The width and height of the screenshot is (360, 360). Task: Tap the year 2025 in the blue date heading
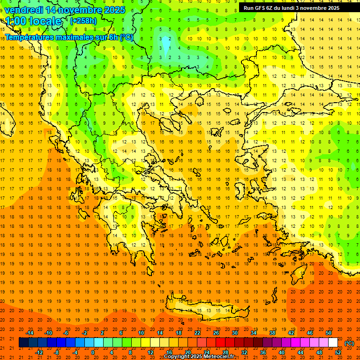click(x=113, y=9)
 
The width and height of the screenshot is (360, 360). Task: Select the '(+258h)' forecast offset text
click(x=83, y=21)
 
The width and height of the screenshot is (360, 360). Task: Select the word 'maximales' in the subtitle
click(x=75, y=37)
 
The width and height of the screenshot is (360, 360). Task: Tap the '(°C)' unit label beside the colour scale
click(x=349, y=343)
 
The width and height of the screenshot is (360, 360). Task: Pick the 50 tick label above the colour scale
click(x=329, y=333)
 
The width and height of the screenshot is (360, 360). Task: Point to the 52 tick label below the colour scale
click(x=338, y=352)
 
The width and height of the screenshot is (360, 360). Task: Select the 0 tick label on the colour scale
click(x=93, y=352)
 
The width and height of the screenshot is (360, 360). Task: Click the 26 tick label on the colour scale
click(x=216, y=333)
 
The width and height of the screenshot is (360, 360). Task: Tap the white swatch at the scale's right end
click(x=333, y=343)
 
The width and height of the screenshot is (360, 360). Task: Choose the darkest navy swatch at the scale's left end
click(x=23, y=343)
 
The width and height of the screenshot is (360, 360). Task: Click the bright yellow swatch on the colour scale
click(x=146, y=343)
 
